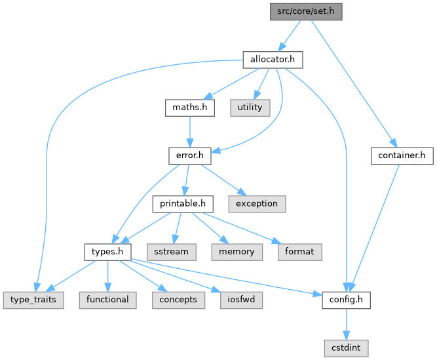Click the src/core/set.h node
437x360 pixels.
pyautogui.click(x=306, y=11)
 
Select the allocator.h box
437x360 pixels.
pyautogui.click(x=273, y=60)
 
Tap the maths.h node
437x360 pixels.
pyautogui.click(x=189, y=108)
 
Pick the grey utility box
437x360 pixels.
pyautogui.click(x=250, y=108)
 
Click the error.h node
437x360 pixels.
pyautogui.click(x=189, y=155)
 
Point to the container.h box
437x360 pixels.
pyautogui.click(x=402, y=155)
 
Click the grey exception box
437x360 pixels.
pyautogui.click(x=257, y=203)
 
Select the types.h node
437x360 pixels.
pyautogui.click(x=108, y=251)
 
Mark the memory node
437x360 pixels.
pyautogui.click(x=237, y=251)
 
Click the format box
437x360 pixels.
pyautogui.click(x=299, y=251)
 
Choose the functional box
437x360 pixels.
pyautogui.click(x=107, y=299)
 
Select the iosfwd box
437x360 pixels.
pyautogui.click(x=237, y=299)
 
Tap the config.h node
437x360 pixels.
pyautogui.click(x=347, y=299)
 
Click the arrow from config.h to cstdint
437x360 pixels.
pyautogui.click(x=347, y=323)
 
